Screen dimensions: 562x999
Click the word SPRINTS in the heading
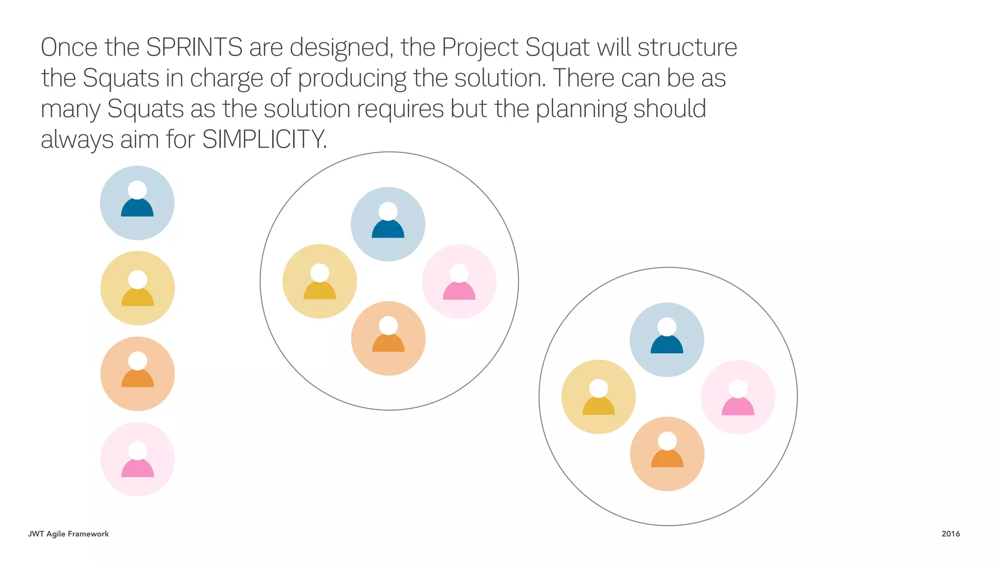[194, 48]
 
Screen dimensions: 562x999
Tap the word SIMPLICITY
[264, 140]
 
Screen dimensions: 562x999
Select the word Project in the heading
[480, 48]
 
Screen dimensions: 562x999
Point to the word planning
[581, 109]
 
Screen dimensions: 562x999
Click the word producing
[352, 79]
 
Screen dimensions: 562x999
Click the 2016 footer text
[950, 534]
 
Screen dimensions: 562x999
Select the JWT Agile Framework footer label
[68, 534]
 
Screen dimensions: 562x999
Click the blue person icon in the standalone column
[137, 203]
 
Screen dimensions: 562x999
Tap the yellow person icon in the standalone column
[138, 288]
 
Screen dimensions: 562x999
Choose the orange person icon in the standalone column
[138, 374]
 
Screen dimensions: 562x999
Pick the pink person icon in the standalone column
[138, 459]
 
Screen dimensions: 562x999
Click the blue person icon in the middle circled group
[388, 224]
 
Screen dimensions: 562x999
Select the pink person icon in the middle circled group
[459, 282]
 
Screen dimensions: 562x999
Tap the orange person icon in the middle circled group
[388, 339]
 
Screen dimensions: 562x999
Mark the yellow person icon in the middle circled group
[320, 281]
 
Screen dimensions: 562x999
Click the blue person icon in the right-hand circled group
[667, 340]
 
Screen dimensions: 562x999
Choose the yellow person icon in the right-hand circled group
[599, 397]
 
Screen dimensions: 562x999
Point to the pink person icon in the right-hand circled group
[738, 397]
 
